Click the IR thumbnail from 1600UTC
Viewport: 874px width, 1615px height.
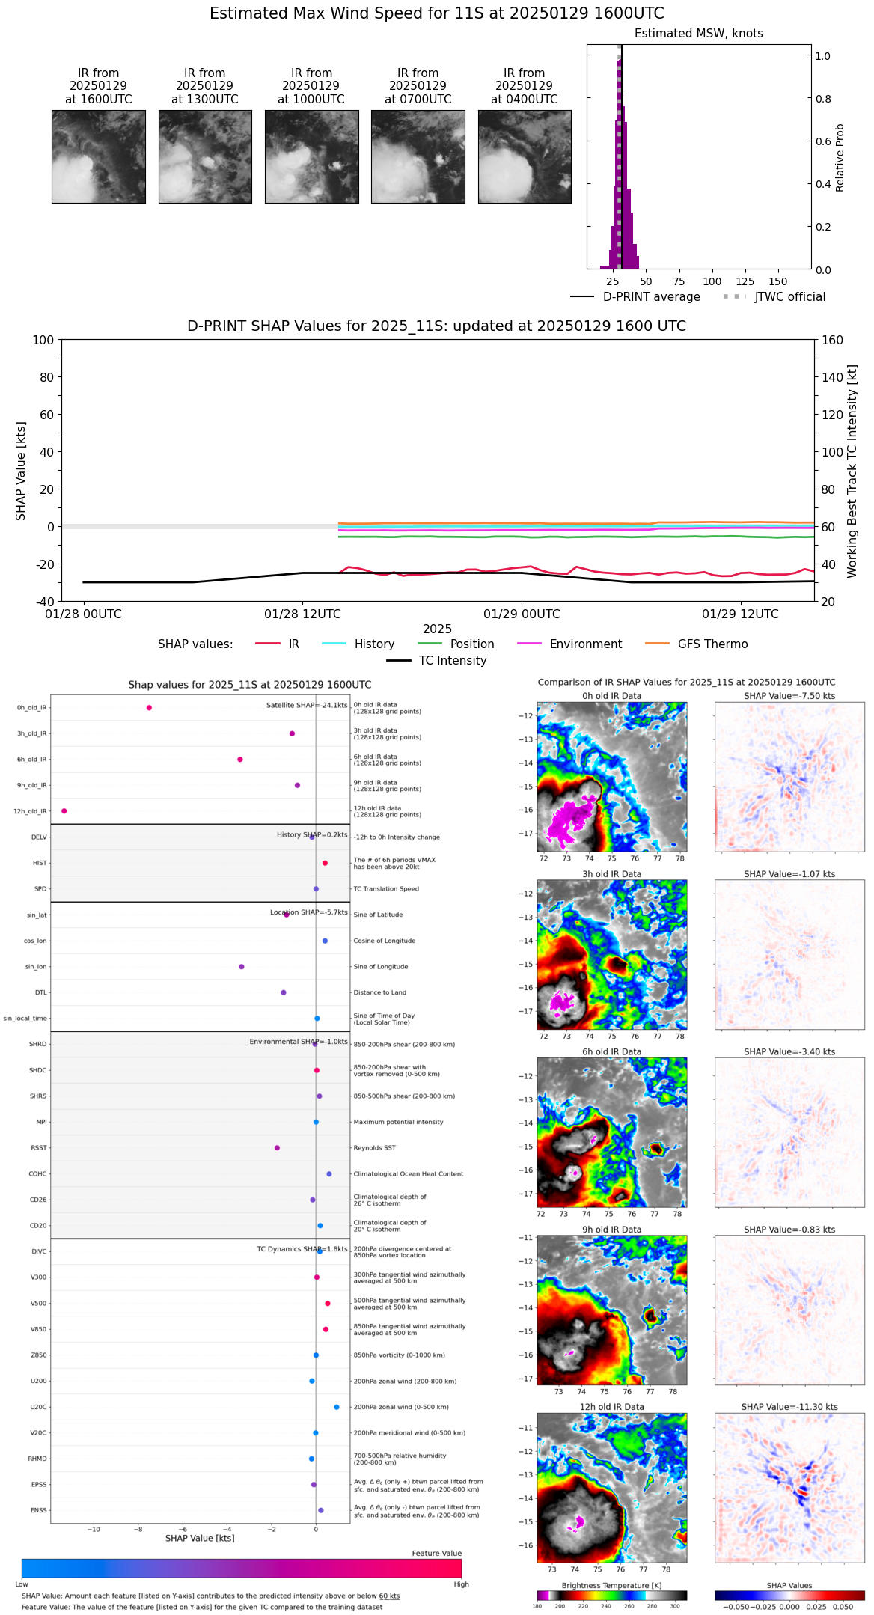(x=98, y=156)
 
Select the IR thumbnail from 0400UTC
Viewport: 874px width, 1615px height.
(x=524, y=156)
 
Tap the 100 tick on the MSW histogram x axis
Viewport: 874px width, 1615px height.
(x=712, y=281)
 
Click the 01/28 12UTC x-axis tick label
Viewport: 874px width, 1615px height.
(x=302, y=614)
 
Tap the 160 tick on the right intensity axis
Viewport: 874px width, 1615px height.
(x=832, y=341)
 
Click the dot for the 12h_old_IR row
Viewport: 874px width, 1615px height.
(x=64, y=811)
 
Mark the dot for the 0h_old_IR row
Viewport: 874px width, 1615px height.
(x=149, y=708)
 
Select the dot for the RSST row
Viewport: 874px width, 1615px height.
(x=277, y=1148)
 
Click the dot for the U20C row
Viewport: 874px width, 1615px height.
(x=337, y=1407)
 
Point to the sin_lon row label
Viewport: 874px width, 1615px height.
(x=36, y=967)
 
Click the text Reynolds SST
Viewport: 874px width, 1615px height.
(x=374, y=1148)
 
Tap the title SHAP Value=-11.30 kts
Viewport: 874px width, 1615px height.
(x=789, y=1407)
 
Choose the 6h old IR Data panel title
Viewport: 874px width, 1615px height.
(x=611, y=1051)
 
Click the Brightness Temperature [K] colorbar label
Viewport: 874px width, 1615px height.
(x=611, y=1585)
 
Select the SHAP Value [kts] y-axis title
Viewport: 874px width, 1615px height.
(x=21, y=471)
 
